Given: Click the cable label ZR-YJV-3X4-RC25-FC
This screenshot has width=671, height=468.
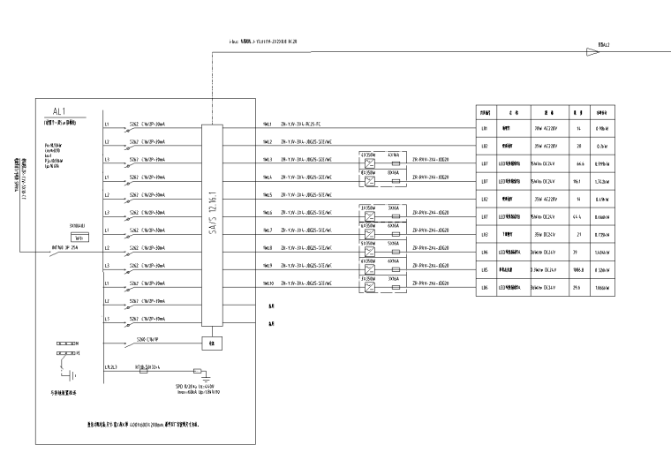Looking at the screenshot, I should coord(309,125).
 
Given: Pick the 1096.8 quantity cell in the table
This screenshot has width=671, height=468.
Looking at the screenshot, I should coord(578,270).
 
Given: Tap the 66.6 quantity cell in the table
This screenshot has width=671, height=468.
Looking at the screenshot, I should coord(578,163).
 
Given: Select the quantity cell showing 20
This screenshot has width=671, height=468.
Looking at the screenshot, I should coord(578,146).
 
